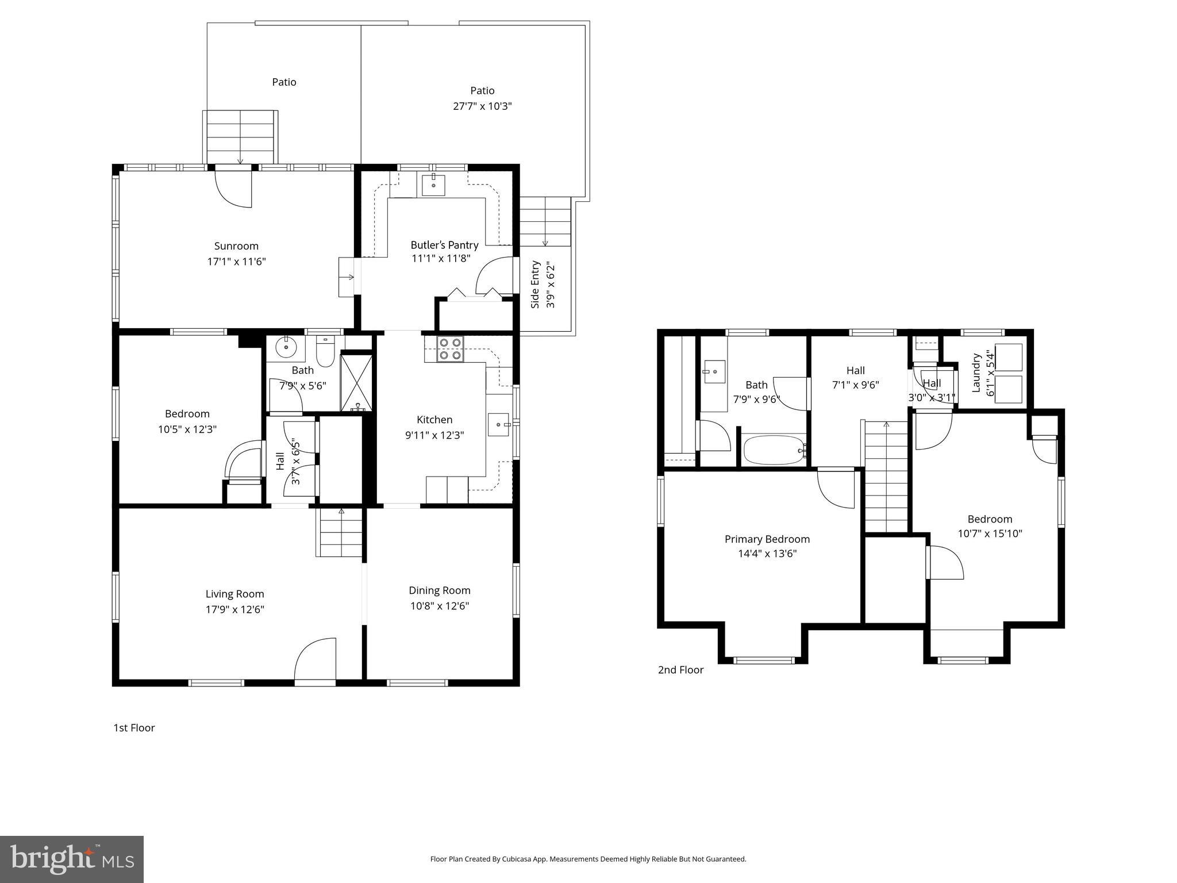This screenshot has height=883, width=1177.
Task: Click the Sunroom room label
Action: point(236,247)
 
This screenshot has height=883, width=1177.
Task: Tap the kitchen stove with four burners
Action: point(449,348)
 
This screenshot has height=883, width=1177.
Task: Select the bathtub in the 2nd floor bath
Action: point(774,450)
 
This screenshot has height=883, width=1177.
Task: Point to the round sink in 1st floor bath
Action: point(286,348)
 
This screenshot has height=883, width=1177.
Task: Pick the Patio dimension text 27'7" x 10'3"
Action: point(482,106)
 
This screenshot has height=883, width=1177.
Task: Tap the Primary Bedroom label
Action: point(767,539)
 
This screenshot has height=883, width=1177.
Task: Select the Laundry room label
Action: point(976,373)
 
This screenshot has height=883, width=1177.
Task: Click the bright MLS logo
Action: point(72,859)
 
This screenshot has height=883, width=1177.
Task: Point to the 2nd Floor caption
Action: point(680,670)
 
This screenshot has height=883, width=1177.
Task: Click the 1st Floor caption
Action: point(134,728)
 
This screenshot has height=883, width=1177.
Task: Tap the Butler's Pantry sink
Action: point(433,185)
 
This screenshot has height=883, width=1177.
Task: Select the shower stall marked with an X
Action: point(357,383)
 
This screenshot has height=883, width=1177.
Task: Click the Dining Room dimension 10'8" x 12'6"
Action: point(440,606)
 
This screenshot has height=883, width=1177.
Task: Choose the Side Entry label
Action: point(535,285)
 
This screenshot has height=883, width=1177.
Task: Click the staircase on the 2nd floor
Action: point(886,477)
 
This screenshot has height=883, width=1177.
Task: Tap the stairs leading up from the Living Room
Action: point(341,533)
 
